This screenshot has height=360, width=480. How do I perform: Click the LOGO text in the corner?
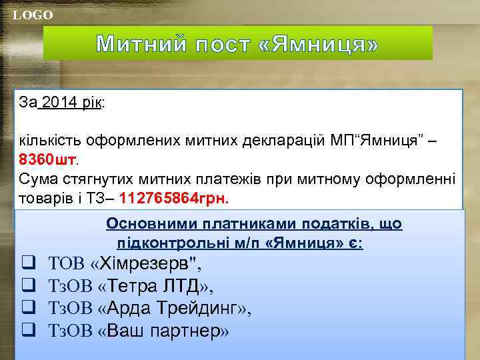click(33, 15)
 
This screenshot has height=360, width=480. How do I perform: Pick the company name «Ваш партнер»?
click(163, 330)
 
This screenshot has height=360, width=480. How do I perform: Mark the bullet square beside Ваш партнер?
click(29, 330)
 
